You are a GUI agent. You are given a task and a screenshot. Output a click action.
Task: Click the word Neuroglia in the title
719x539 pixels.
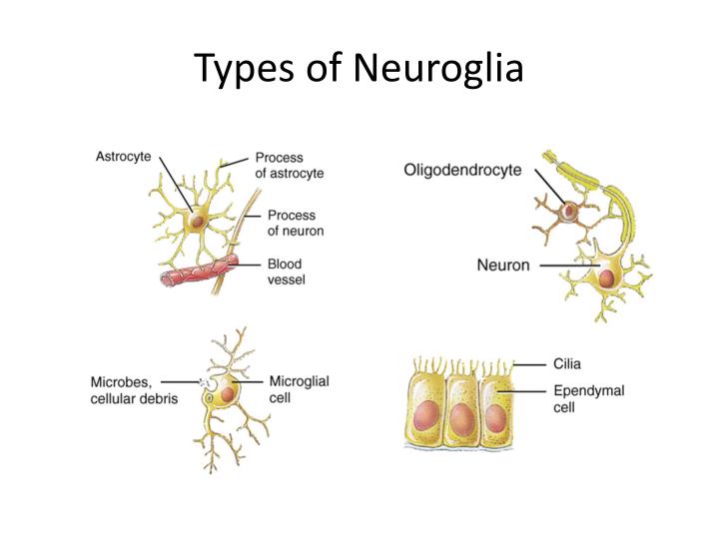(436, 70)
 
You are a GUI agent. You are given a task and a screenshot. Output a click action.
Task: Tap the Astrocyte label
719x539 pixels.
(124, 156)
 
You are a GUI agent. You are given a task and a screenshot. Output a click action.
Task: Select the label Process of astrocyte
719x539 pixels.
(289, 165)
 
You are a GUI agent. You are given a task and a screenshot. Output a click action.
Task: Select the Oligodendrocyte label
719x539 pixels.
(462, 171)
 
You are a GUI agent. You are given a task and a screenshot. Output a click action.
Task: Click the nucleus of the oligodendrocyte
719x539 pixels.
(569, 212)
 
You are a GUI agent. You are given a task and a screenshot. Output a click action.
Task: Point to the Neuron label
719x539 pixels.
(503, 266)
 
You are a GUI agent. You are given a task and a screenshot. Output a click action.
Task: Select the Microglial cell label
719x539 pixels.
(299, 388)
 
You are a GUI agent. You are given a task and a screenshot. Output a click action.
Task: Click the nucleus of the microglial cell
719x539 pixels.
(229, 394)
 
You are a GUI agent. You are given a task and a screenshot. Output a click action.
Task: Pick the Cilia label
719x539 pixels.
(567, 364)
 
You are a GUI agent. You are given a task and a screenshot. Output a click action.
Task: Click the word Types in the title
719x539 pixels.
(237, 70)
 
